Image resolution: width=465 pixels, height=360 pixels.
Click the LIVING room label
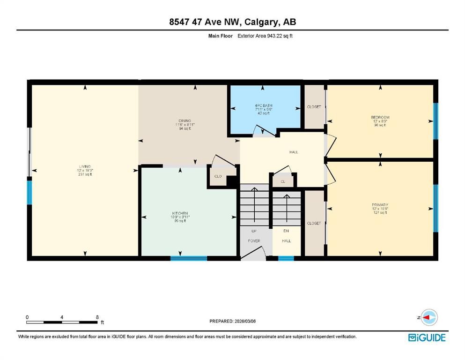(84, 166)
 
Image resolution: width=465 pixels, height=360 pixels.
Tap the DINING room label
(184, 121)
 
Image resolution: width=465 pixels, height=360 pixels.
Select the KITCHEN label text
(179, 213)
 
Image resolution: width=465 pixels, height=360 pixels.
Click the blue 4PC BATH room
(263, 109)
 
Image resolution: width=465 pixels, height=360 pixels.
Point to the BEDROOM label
(380, 117)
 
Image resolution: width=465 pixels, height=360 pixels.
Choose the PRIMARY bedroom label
(380, 205)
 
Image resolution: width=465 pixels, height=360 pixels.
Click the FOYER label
(254, 240)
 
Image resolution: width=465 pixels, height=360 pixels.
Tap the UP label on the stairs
(254, 231)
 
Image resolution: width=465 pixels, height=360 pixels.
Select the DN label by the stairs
(286, 231)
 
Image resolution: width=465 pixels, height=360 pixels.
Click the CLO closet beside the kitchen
(218, 177)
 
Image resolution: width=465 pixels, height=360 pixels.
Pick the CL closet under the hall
(283, 181)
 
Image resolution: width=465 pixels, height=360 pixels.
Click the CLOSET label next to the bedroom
(314, 107)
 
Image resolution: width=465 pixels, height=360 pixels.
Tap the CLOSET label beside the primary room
(314, 223)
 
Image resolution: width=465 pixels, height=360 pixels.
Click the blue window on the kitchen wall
(188, 257)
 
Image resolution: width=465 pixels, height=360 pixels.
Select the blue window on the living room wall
(30, 192)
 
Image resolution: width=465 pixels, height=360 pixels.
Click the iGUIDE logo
(427, 337)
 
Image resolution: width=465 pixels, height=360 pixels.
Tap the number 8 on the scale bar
(97, 317)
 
